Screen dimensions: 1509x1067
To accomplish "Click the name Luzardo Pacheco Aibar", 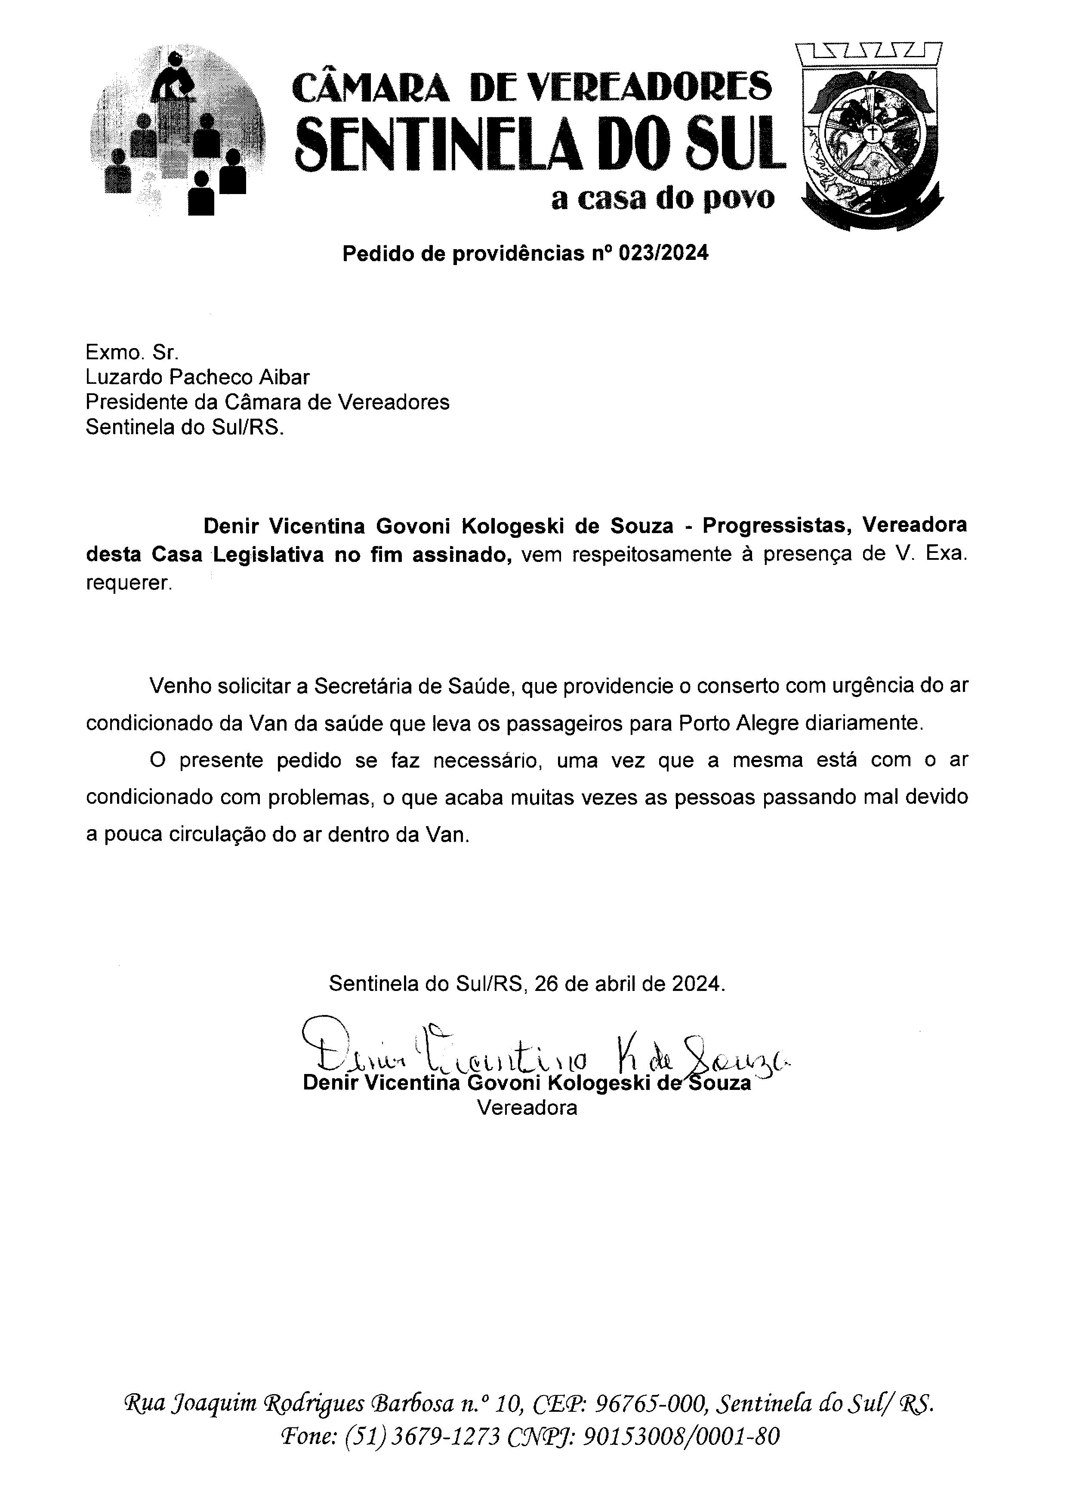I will (197, 377).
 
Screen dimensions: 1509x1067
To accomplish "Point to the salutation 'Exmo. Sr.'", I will (131, 352).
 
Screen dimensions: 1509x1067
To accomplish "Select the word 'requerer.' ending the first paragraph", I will (129, 583).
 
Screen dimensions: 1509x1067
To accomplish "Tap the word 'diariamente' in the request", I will (864, 723).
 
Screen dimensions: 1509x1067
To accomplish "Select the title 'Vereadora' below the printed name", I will (527, 1108).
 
